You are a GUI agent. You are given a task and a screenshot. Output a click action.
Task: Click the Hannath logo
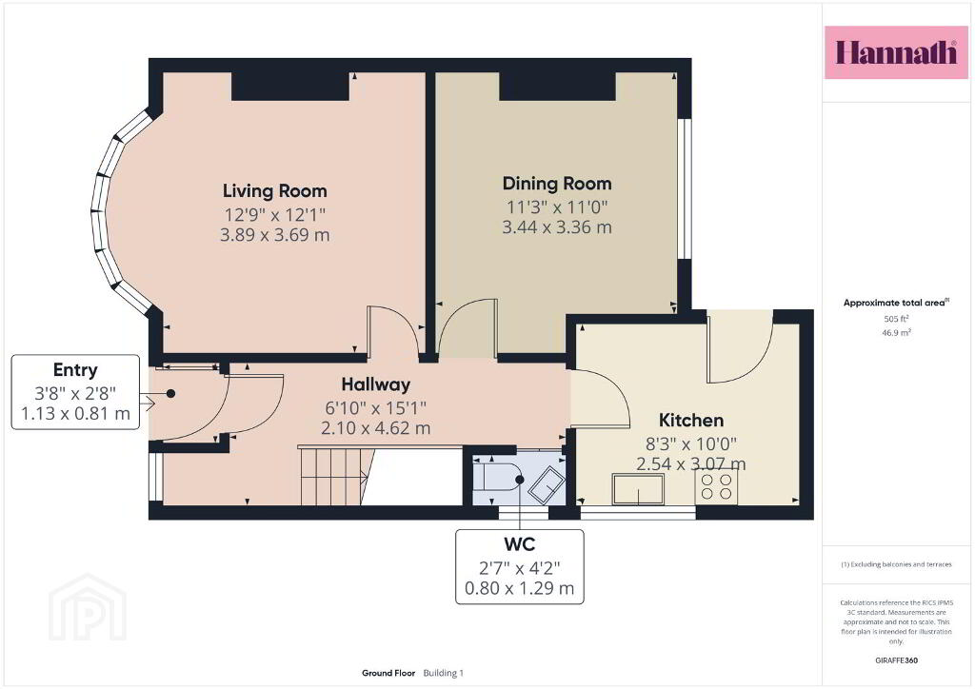896,52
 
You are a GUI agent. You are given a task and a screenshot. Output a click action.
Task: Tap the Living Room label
275,190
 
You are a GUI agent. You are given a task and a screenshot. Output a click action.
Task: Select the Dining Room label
557,184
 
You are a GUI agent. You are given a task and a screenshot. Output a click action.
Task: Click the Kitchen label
691,420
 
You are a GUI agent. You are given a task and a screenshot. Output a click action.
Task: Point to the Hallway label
375,384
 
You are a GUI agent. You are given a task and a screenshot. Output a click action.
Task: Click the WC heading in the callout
519,544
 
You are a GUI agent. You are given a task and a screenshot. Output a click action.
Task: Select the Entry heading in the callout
75,370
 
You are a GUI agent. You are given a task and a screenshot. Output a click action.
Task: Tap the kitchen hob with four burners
716,486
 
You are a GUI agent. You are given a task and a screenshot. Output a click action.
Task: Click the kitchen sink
638,488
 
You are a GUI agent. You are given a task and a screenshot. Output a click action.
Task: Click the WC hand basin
546,483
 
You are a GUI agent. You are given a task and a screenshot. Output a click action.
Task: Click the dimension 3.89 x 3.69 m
275,235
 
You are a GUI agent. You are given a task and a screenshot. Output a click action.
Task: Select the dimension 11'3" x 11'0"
557,207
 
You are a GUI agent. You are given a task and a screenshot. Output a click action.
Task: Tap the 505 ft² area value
896,319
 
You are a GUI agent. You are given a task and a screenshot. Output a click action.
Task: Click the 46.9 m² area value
896,332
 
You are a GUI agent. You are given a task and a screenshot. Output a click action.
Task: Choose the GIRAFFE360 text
896,660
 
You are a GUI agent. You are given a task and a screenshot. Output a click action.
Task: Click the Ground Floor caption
388,673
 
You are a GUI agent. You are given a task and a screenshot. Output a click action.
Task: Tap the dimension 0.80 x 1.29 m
519,588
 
